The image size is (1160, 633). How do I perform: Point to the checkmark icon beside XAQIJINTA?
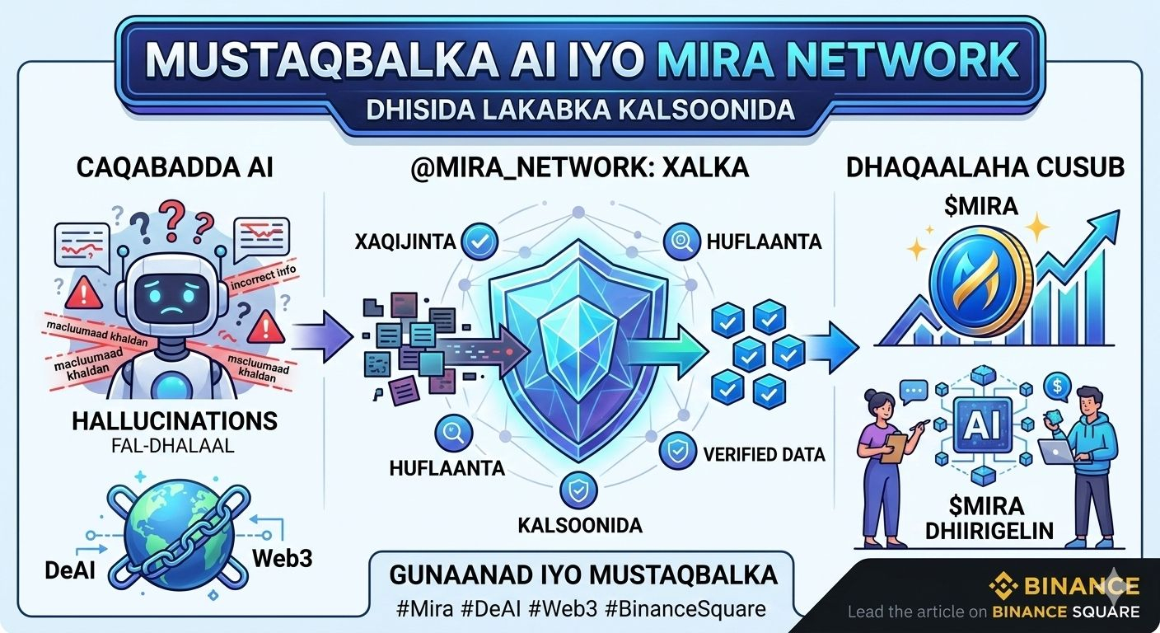477,241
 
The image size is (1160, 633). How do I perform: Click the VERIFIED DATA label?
764,452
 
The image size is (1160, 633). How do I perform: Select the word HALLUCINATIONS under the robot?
174,421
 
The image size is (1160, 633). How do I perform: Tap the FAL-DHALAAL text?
174,448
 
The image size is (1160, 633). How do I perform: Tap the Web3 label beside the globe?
282,557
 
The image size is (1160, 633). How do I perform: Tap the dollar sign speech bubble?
1057,384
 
